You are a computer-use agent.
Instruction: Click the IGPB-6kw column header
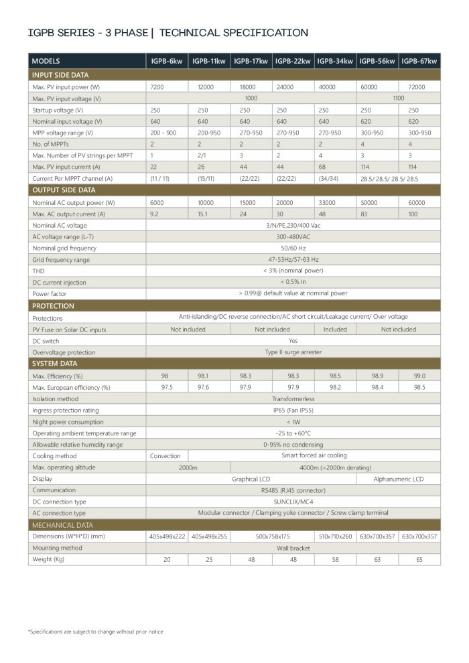click(x=167, y=61)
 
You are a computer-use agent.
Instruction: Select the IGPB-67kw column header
click(x=419, y=61)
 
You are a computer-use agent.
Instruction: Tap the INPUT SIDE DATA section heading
click(x=60, y=75)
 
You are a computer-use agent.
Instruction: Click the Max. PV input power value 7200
click(x=157, y=87)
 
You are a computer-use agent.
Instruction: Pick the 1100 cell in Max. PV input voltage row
click(x=398, y=98)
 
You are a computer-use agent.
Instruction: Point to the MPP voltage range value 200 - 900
click(x=163, y=133)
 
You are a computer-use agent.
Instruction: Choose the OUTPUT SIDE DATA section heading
click(x=64, y=190)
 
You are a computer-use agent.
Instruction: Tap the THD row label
click(x=38, y=271)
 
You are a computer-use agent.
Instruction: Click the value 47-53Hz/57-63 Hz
click(x=293, y=259)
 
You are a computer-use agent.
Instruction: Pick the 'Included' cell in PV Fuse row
click(x=335, y=329)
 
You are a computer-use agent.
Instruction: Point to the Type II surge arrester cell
click(x=293, y=352)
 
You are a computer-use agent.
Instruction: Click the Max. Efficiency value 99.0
click(x=419, y=376)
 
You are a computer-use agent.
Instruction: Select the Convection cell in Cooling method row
click(x=165, y=455)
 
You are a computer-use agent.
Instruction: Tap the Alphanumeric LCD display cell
click(x=399, y=479)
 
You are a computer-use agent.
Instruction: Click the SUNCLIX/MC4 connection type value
click(x=293, y=501)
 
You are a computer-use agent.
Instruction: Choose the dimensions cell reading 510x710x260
click(x=335, y=536)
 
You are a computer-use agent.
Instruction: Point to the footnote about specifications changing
click(x=95, y=632)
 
